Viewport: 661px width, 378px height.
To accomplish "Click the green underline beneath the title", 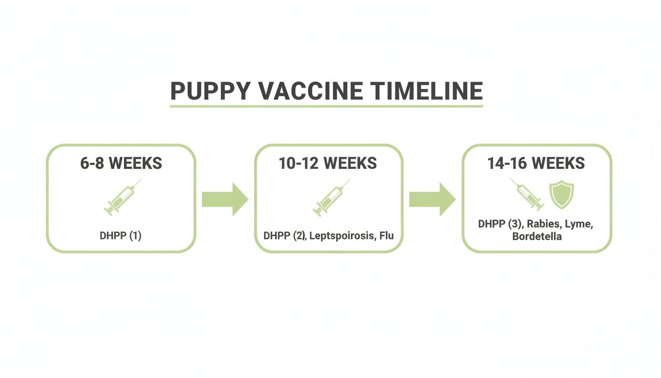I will pyautogui.click(x=326, y=106).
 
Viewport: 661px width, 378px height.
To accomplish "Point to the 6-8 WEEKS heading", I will pyautogui.click(x=121, y=163).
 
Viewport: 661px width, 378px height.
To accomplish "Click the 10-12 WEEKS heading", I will pyautogui.click(x=328, y=163).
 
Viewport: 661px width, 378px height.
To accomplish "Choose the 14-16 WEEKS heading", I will pyautogui.click(x=536, y=163).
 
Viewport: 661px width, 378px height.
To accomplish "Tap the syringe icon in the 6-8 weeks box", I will pyautogui.click(x=122, y=197).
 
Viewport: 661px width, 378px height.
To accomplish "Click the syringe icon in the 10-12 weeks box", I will pyautogui.click(x=330, y=197).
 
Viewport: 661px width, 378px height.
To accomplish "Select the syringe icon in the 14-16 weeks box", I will pyautogui.click(x=527, y=194).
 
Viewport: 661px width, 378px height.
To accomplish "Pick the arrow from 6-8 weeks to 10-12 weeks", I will pyautogui.click(x=225, y=199).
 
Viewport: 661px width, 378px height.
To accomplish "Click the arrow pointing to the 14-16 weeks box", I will pyautogui.click(x=432, y=199).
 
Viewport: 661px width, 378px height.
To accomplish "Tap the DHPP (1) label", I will pyautogui.click(x=120, y=236).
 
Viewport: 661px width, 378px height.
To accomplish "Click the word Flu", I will pyautogui.click(x=386, y=236).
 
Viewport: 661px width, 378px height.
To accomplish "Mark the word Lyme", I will pyautogui.click(x=579, y=224).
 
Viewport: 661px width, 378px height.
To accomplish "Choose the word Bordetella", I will pyautogui.click(x=537, y=237).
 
